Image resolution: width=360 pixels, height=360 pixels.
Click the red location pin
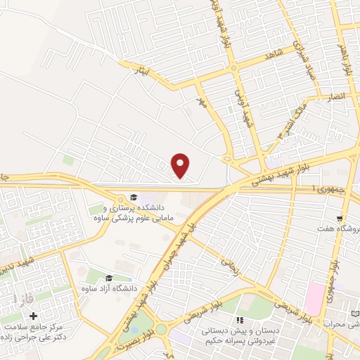coord(181,165)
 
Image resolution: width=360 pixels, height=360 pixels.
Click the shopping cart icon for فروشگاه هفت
coord(340,219)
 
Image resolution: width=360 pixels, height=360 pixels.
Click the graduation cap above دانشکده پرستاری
coord(133,197)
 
